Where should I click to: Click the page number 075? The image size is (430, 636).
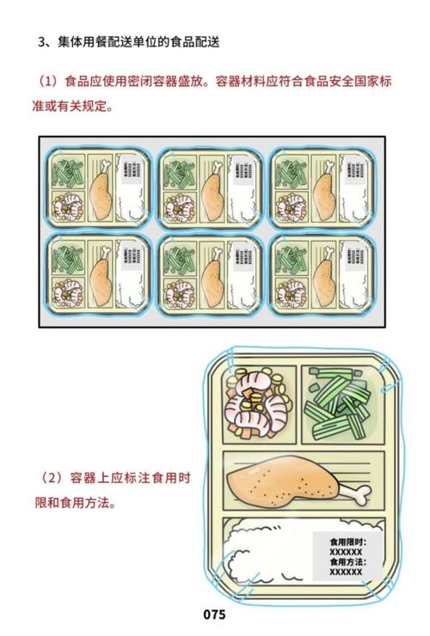[214, 615]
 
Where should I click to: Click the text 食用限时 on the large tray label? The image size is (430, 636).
[347, 542]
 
